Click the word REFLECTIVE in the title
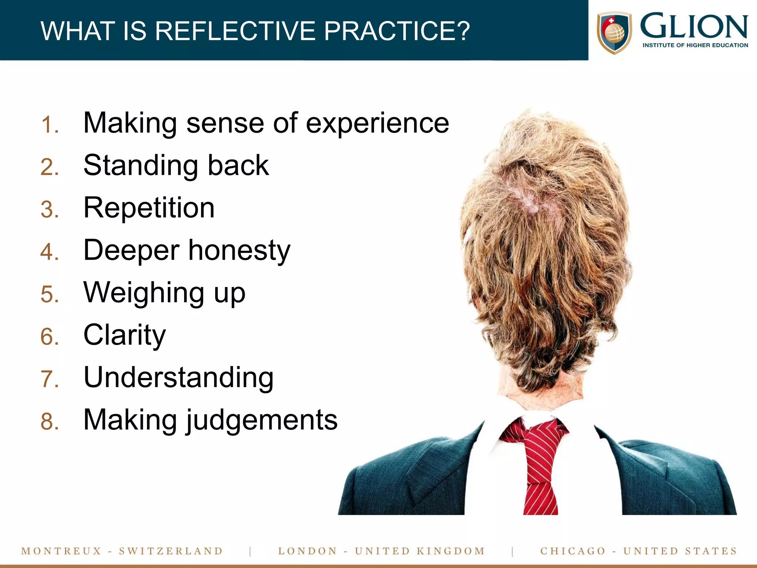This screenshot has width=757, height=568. (x=236, y=31)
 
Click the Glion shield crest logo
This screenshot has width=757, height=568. (x=614, y=33)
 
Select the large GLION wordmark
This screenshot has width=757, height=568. (x=694, y=26)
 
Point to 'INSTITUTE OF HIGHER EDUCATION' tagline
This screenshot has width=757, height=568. (x=695, y=45)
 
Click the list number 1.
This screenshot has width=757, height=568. (x=49, y=125)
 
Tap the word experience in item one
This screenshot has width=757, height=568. (x=377, y=123)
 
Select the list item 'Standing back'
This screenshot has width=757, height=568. (x=176, y=166)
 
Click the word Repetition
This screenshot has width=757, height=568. (x=149, y=208)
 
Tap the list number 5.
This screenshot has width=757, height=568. (x=50, y=295)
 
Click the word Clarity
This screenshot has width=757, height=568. (x=125, y=335)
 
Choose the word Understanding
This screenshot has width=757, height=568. (x=179, y=378)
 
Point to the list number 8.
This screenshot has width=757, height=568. (x=50, y=422)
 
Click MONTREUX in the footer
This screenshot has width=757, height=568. (x=61, y=551)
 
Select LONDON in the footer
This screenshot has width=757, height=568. (x=308, y=551)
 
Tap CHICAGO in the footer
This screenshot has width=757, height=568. (x=573, y=551)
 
